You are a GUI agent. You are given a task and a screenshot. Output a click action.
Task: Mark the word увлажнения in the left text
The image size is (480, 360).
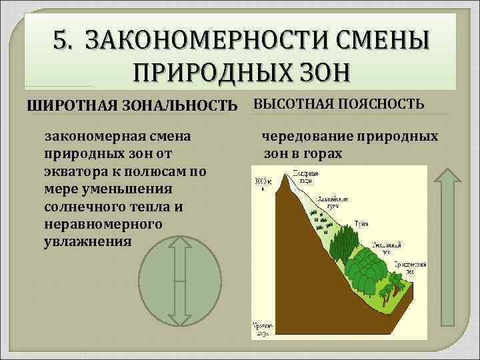[83, 241]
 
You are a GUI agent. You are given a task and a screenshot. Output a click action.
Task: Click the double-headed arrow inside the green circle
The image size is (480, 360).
[179, 281]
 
